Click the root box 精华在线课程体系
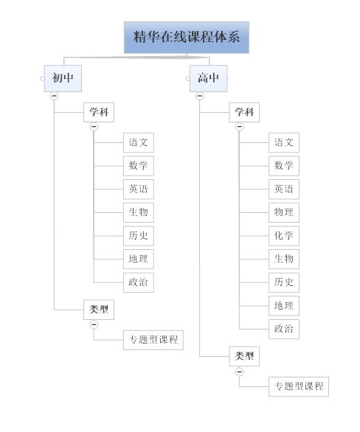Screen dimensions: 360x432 pyautogui.click(x=187, y=38)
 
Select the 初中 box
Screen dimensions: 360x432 pyautogui.click(x=63, y=79)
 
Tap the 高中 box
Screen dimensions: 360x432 pyautogui.click(x=208, y=79)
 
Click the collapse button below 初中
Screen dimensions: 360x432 pyautogui.click(x=55, y=96)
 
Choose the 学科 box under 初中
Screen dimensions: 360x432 pyautogui.click(x=99, y=112)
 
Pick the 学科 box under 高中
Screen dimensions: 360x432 pyautogui.click(x=244, y=112)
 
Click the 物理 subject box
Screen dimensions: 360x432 pyautogui.click(x=284, y=213)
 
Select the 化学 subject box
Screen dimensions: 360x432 pyautogui.click(x=284, y=236)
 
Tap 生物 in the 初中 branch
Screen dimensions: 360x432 pyautogui.click(x=139, y=213)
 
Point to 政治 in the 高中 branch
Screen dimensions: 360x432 pyautogui.click(x=284, y=329)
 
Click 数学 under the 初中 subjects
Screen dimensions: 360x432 pyautogui.click(x=139, y=166)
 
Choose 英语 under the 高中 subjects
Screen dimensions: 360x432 pyautogui.click(x=284, y=189)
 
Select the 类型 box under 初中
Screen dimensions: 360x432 pyautogui.click(x=99, y=310)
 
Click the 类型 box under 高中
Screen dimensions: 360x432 pyautogui.click(x=244, y=357)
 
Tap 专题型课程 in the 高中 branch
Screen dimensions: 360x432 pyautogui.click(x=299, y=386)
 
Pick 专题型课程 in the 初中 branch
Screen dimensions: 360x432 pyautogui.click(x=153, y=340)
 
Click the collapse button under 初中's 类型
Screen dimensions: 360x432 pyautogui.click(x=94, y=324)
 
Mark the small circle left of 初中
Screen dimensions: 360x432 pyautogui.click(x=42, y=79)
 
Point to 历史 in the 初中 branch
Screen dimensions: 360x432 pyautogui.click(x=139, y=236)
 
